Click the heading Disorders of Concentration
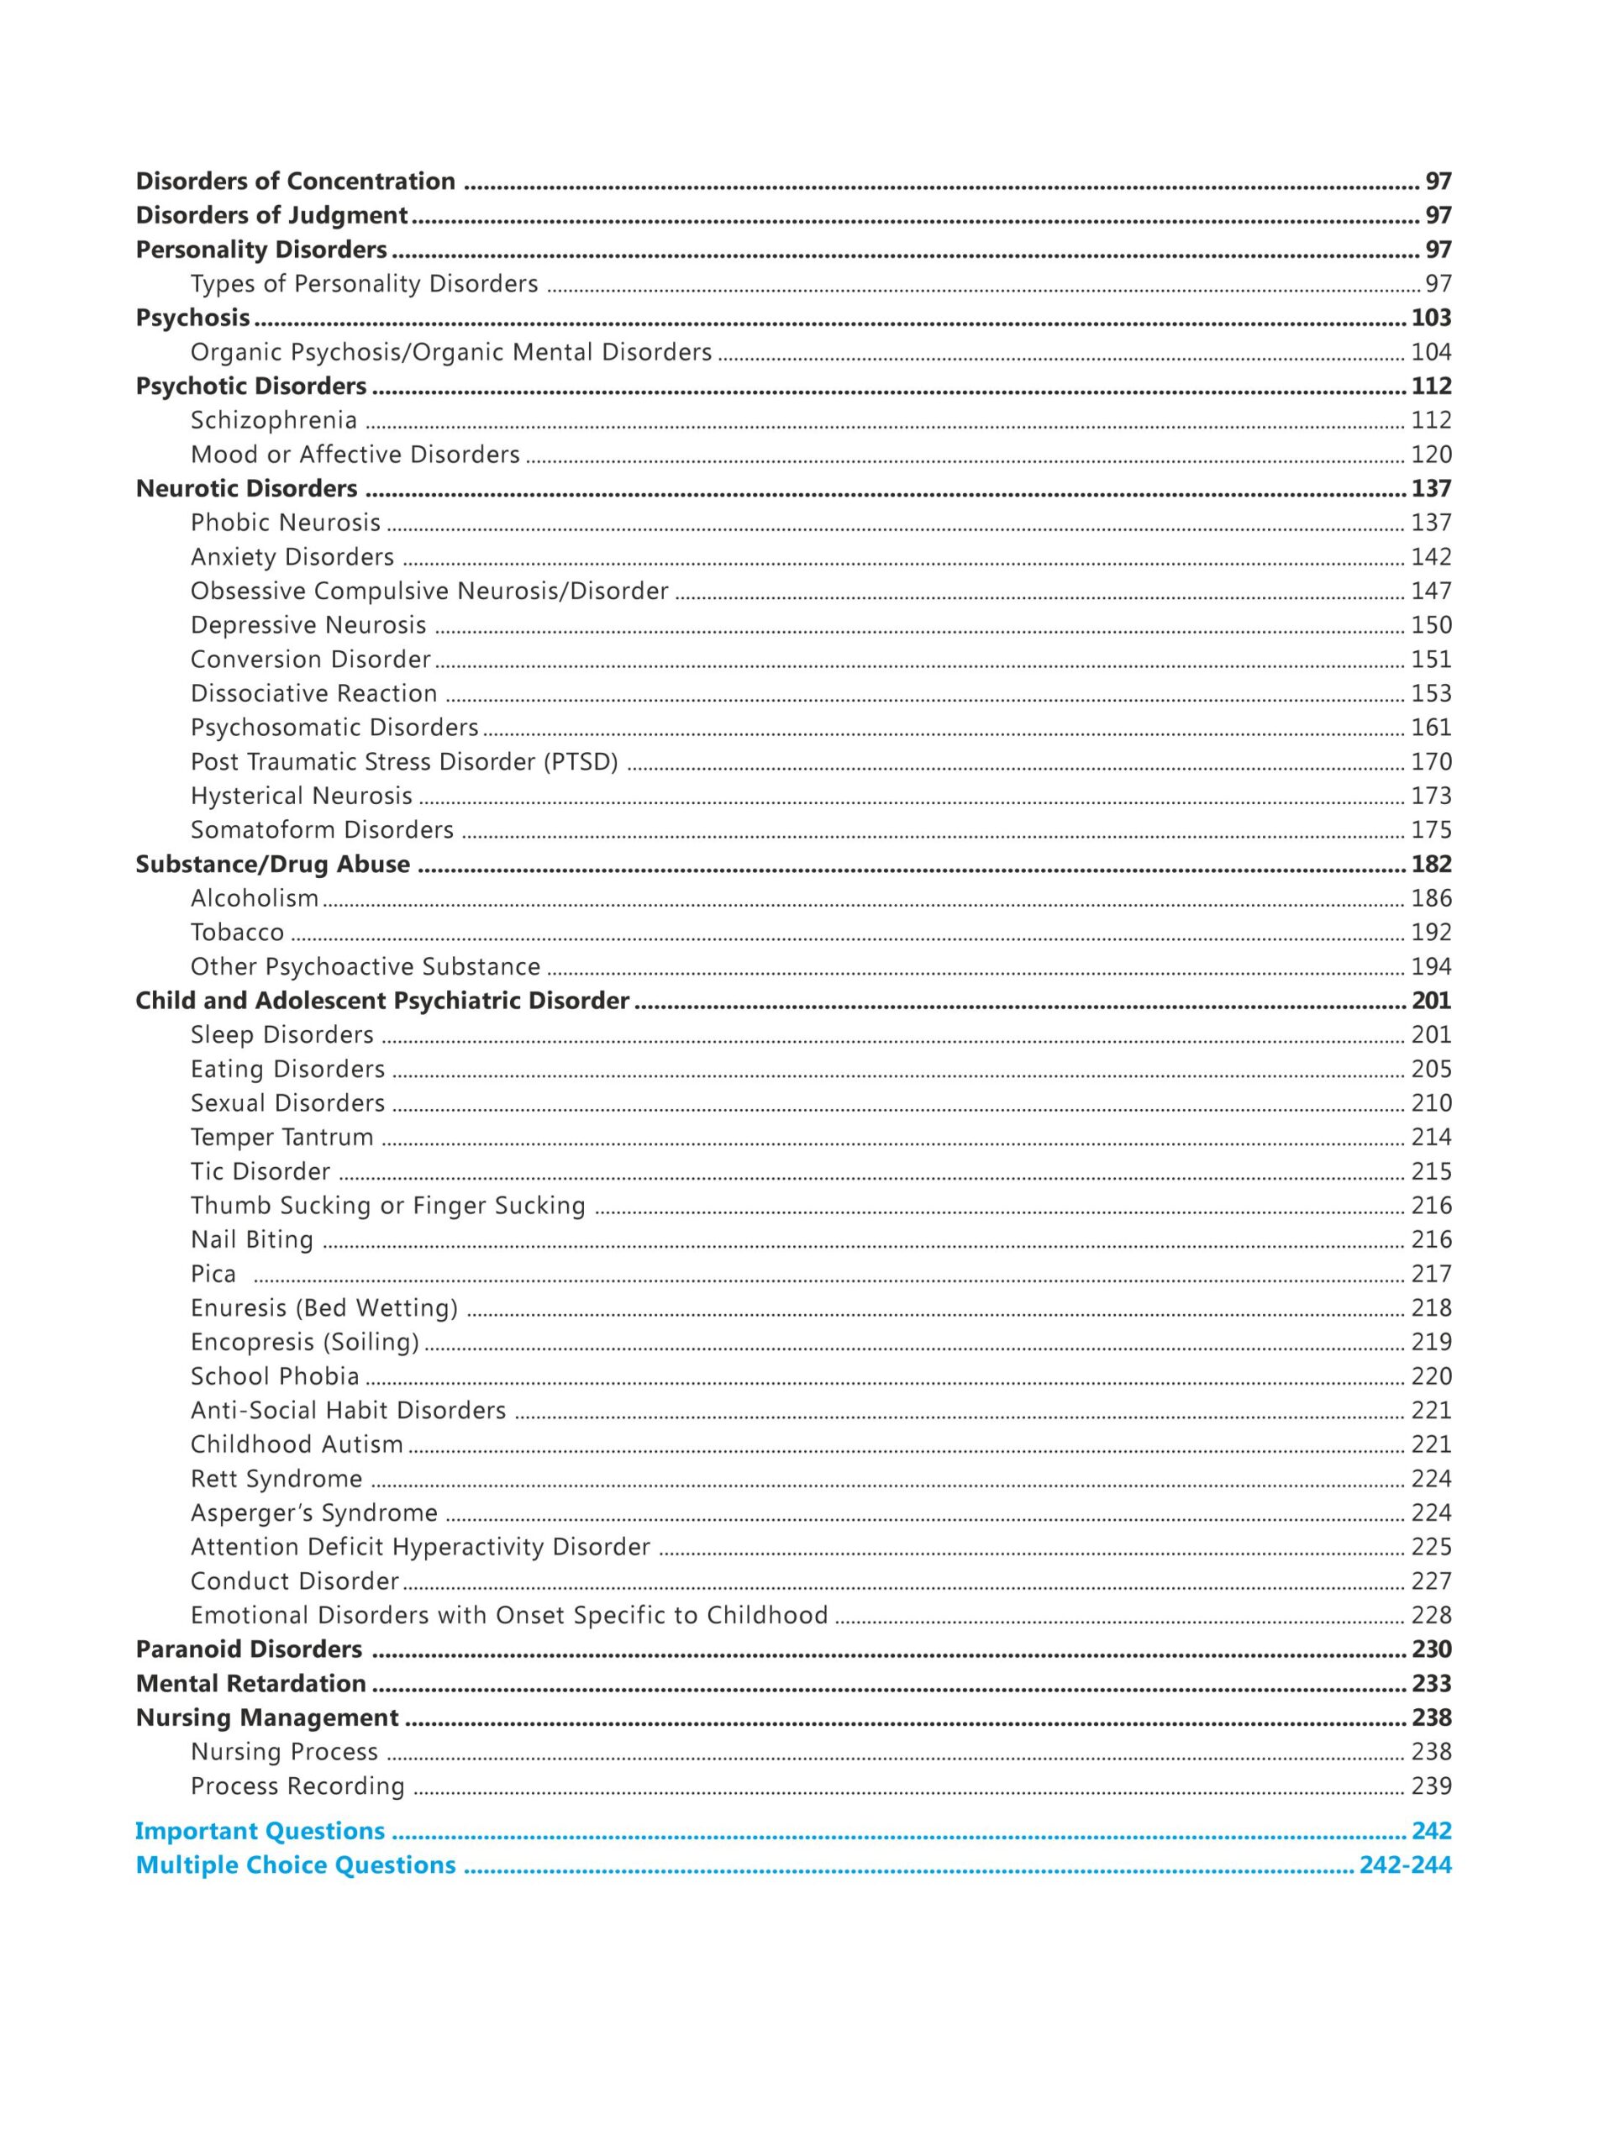coord(295,181)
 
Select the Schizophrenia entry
coord(273,420)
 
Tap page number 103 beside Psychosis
coord(1430,318)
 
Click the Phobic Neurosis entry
coord(285,523)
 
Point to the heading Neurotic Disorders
coord(246,488)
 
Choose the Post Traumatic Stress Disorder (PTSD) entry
coord(403,761)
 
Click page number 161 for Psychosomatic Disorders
coord(1430,728)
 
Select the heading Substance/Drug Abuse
coord(272,865)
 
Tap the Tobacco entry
coord(237,933)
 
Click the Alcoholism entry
coord(254,898)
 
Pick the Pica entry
coord(213,1274)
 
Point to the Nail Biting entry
coord(252,1240)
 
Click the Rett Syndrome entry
coord(276,1479)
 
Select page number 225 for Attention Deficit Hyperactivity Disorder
coord(1430,1547)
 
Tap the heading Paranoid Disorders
coord(249,1649)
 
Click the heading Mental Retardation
coord(251,1683)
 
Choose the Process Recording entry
coord(297,1786)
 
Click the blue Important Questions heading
coord(260,1831)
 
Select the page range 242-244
coord(1405,1865)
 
